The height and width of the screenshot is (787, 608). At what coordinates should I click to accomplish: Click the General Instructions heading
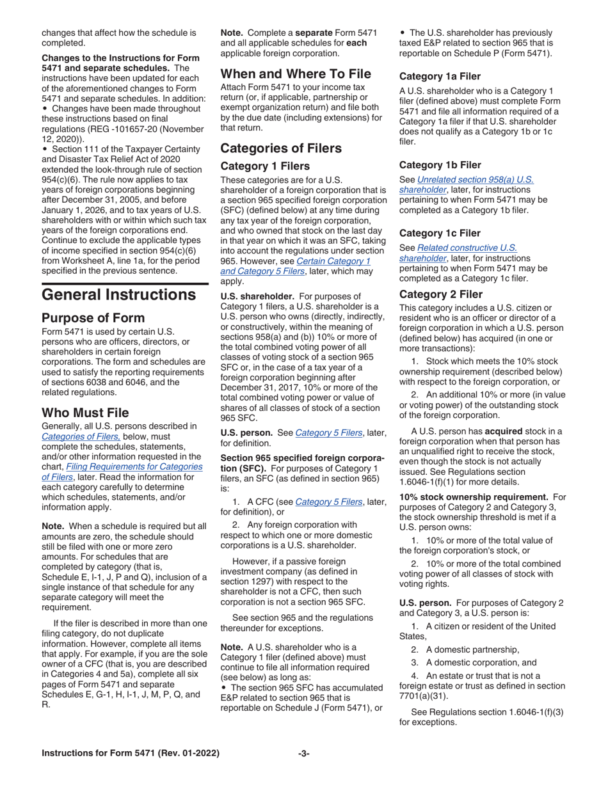[x=118, y=295]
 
